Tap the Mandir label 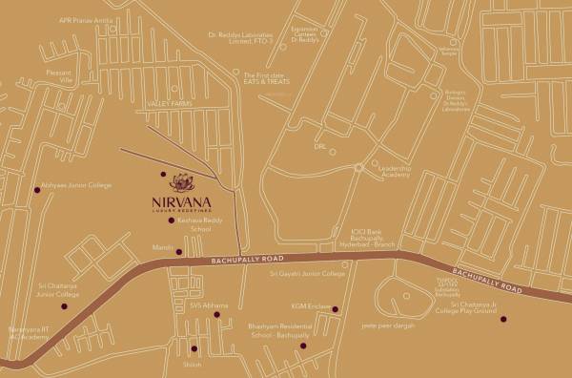(160, 251)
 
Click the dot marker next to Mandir (178, 252)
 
